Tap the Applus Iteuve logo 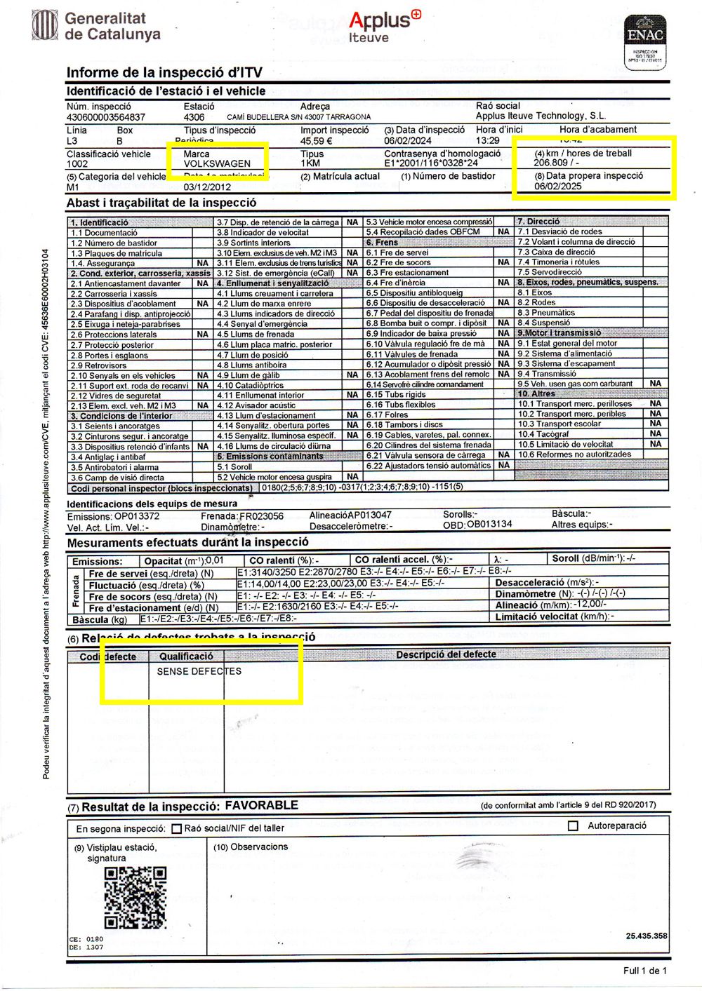pos(384,27)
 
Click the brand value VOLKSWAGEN pos(217,164)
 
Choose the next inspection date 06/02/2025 pos(557,187)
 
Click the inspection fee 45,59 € pos(316,141)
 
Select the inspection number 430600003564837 pos(106,117)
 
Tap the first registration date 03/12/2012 pos(207,187)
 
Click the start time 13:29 pos(488,140)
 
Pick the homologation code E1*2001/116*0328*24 pos(431,163)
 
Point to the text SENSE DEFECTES pos(199,671)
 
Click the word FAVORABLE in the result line pos(261,805)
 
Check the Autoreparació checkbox pos(573,826)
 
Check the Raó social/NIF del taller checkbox pos(176,829)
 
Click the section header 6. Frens pos(382,242)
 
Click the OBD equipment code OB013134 pos(489,524)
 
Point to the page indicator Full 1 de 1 pos(644,971)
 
